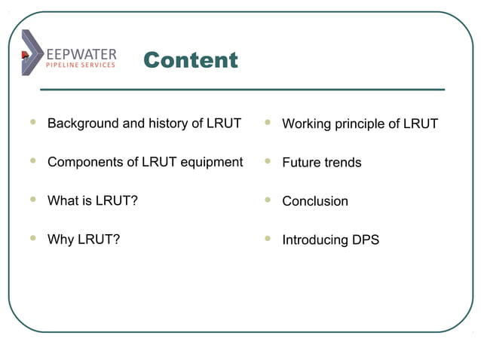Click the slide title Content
tap(190, 60)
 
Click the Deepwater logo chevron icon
tap(32, 52)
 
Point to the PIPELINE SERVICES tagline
tap(81, 66)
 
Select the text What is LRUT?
tap(92, 201)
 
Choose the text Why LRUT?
tap(84, 240)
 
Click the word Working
tap(306, 124)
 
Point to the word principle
tap(359, 124)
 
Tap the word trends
tap(342, 163)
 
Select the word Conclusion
tap(315, 202)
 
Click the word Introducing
tap(314, 240)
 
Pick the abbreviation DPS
tap(364, 240)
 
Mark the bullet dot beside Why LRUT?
tap(32, 239)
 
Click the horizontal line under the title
tap(241, 90)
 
